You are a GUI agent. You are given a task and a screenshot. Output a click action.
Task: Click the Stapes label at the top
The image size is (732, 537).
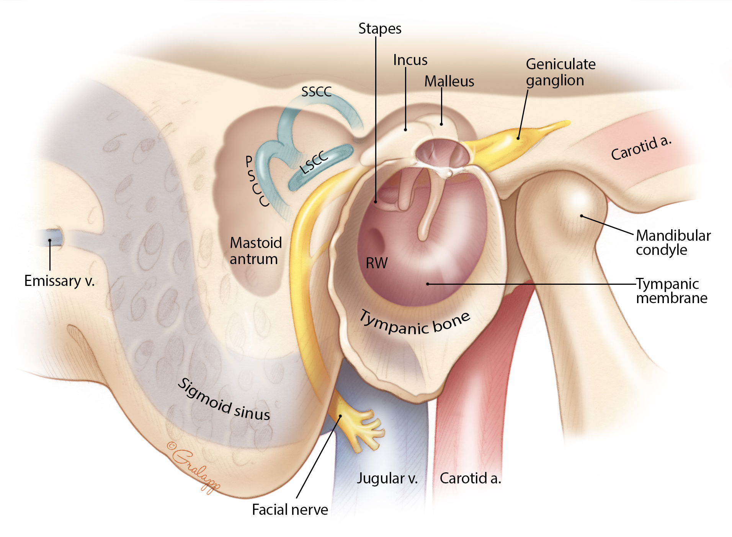click(x=379, y=29)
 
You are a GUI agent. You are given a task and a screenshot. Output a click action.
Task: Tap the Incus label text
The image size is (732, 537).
click(x=410, y=60)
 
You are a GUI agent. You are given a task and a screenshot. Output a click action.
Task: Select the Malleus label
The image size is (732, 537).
click(x=449, y=82)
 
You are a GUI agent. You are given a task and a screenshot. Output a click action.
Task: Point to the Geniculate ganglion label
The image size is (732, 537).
click(x=560, y=72)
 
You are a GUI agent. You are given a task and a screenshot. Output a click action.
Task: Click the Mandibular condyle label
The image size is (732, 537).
click(x=673, y=243)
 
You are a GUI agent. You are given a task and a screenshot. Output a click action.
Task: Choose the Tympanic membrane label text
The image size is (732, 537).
click(x=671, y=291)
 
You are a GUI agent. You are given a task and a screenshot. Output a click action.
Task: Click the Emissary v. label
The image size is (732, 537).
click(x=59, y=281)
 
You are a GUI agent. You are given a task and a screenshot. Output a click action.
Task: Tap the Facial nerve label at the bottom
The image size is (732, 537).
click(x=290, y=510)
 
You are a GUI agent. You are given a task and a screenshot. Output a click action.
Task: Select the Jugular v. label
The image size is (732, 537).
click(x=387, y=478)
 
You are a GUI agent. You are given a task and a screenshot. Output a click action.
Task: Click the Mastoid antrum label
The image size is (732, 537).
click(x=255, y=251)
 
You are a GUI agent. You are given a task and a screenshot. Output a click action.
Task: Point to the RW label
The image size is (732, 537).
click(x=376, y=263)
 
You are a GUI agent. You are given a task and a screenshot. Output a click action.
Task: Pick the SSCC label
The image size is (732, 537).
click(x=316, y=92)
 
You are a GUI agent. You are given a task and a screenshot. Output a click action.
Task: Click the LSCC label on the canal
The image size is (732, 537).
click(x=314, y=162)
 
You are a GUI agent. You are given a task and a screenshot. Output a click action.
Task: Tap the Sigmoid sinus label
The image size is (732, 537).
click(x=224, y=400)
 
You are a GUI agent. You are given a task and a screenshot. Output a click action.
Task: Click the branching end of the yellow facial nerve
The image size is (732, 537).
click(x=360, y=429)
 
